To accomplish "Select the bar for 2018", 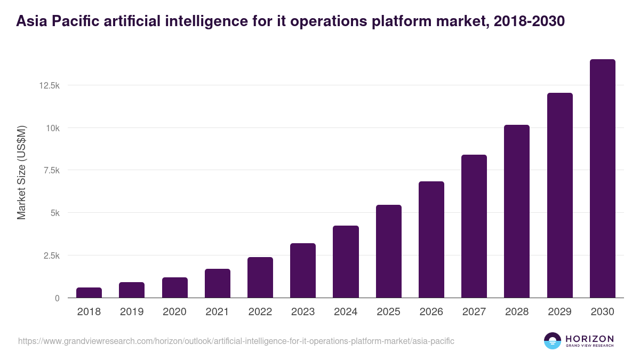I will pos(89,293).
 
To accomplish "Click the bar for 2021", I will pos(218,284).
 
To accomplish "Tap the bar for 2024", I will pos(346,262).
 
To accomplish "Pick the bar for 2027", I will pos(474,227).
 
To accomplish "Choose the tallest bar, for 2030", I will pos(603,179).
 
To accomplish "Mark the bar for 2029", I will pos(560,196).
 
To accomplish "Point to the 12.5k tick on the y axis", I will pos(49,86).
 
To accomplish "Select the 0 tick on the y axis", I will pos(57,298).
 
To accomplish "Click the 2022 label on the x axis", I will pos(260,312).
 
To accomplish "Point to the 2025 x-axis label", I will pos(388,312).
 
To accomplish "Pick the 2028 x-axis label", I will pos(517,312).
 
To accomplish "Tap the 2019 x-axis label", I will pos(132,312).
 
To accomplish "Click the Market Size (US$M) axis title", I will pos(21,172).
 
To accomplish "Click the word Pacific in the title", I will pos(74,21).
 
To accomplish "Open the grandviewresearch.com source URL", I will pos(236,341).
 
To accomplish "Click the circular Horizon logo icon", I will pos(553,341).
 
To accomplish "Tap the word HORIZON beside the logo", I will pos(589,339).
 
